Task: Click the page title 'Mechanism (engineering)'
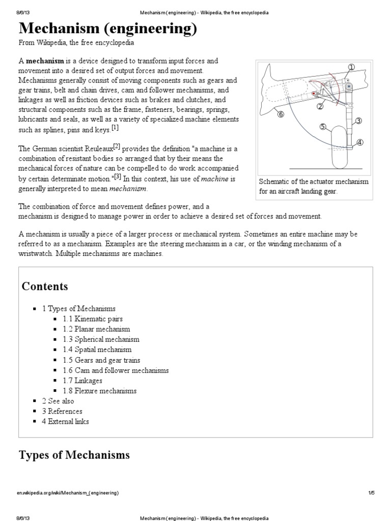coord(108,30)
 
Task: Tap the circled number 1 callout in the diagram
coord(351,68)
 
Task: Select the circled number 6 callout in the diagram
coord(280,114)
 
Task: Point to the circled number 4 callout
coord(360,142)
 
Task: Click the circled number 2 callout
coord(320,106)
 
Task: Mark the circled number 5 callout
coord(322,126)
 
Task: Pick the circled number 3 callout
coord(358,121)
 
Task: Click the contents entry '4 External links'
coord(65,421)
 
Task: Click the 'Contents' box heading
coord(44,286)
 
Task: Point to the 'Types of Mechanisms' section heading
coord(74,454)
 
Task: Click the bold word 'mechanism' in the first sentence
coord(47,61)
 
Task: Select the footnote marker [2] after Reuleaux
coord(117,147)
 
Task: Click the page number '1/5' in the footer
coord(371,493)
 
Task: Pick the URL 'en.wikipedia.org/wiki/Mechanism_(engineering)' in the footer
coord(69,493)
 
